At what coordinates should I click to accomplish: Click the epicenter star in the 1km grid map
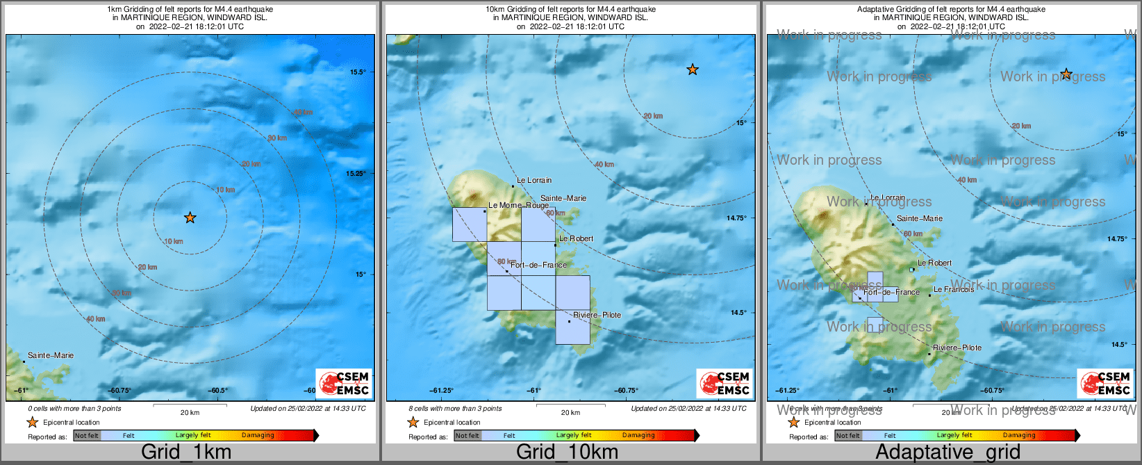tap(190, 218)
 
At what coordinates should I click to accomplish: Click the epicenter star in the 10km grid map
tap(692, 70)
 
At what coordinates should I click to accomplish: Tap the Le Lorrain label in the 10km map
tap(534, 180)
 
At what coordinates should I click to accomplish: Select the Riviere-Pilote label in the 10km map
tap(597, 315)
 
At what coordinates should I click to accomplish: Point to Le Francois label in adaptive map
tap(953, 289)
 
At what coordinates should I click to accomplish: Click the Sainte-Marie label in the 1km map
tap(51, 355)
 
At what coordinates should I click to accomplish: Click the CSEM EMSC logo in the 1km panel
tap(344, 383)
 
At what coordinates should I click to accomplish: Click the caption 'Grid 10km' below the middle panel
tap(567, 452)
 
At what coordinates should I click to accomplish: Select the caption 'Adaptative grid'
tap(947, 452)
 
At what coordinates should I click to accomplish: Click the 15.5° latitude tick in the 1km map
tap(358, 72)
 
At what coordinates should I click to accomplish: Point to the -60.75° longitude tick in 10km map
tap(626, 391)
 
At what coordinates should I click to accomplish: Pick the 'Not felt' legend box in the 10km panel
tap(467, 436)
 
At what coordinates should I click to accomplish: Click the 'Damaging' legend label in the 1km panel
tap(258, 436)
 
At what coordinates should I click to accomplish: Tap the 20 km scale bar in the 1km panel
tap(190, 406)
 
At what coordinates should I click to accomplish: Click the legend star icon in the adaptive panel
tap(793, 422)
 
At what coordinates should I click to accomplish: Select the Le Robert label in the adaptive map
tap(934, 263)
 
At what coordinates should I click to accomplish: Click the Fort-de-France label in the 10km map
tap(538, 265)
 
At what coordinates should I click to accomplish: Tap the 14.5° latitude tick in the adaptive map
tap(1118, 345)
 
